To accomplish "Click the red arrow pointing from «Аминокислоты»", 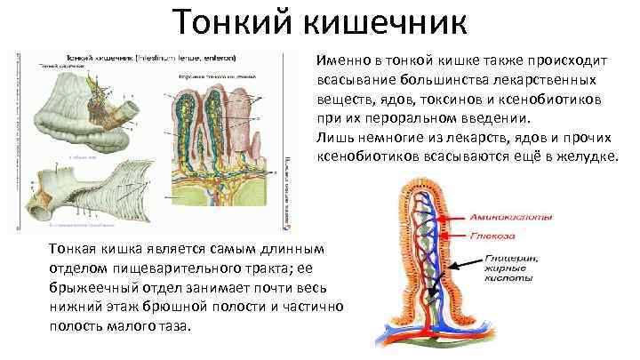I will [x=455, y=220].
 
